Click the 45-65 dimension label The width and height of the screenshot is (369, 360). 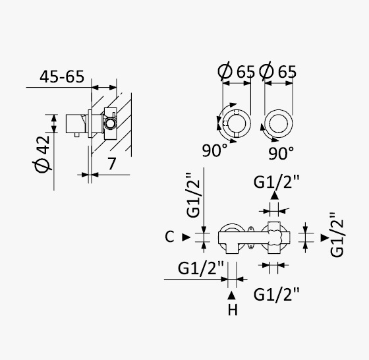tap(62, 76)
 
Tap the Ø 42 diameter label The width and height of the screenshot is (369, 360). tap(42, 154)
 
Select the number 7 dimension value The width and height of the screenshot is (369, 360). tap(112, 164)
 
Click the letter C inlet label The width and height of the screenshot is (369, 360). tap(169, 237)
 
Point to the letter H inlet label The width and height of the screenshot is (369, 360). tap(233, 310)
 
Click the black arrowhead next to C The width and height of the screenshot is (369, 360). tap(186, 237)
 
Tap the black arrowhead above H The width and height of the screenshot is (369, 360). tap(231, 295)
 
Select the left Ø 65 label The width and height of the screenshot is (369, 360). tap(237, 71)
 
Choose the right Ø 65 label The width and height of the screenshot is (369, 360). tap(278, 71)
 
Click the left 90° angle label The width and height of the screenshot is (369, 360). tap(215, 150)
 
